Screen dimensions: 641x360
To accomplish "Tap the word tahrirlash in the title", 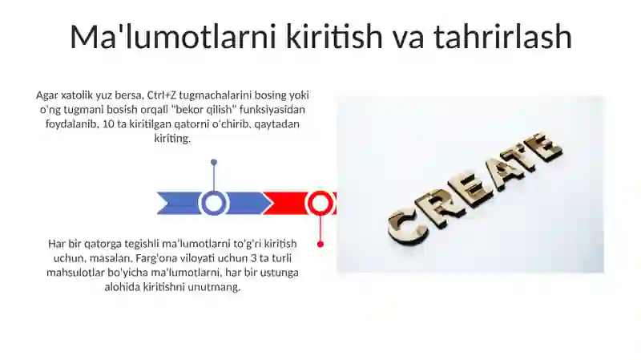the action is point(502,36).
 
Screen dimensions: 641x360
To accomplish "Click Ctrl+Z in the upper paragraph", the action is point(161,95).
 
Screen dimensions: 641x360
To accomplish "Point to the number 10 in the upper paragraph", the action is point(108,123).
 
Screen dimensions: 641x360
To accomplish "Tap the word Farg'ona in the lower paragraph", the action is point(155,258).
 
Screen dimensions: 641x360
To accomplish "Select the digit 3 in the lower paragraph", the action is point(252,258).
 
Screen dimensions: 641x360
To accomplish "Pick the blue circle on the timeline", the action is point(213,204).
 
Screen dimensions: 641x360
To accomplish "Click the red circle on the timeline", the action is point(320,204).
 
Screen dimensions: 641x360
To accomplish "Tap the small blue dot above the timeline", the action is point(214,163).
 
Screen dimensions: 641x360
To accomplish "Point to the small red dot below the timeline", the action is point(320,245).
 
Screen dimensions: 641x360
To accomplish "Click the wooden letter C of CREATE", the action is point(407,228).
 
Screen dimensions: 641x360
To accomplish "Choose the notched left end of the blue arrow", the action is point(164,204).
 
